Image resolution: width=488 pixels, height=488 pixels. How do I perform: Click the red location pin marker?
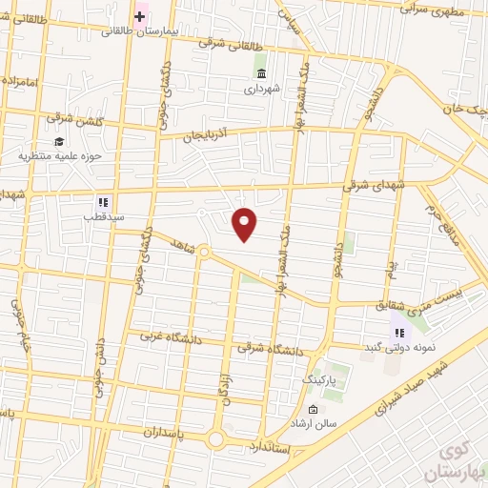pyautogui.click(x=245, y=223)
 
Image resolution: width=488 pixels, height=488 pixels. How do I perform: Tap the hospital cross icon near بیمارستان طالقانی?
pyautogui.click(x=140, y=15)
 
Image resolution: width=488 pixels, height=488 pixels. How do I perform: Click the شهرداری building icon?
pyautogui.click(x=261, y=73)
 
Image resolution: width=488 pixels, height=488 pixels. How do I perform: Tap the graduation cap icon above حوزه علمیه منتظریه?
pyautogui.click(x=59, y=141)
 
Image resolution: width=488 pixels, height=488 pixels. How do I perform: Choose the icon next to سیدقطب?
pyautogui.click(x=104, y=202)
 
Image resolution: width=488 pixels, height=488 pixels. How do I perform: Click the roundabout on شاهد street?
pyautogui.click(x=203, y=252)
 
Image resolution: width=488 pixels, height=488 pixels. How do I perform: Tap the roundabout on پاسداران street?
pyautogui.click(x=216, y=439)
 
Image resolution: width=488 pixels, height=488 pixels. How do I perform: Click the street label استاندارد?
pyautogui.click(x=274, y=446)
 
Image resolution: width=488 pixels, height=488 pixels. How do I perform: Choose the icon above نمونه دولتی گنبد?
pyautogui.click(x=398, y=333)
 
